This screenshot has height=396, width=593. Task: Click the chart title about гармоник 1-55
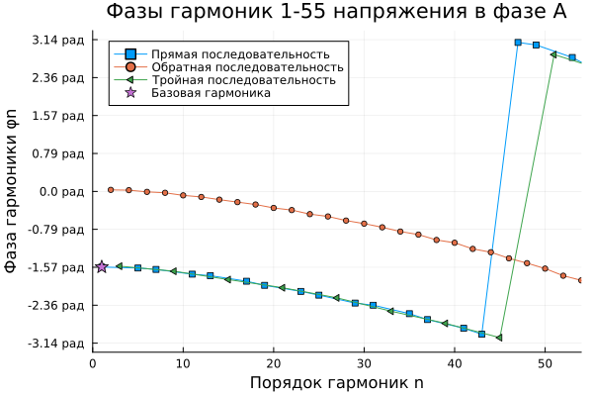click(336, 12)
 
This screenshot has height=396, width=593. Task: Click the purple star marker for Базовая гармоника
click(102, 266)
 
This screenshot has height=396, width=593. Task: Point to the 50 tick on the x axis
click(545, 363)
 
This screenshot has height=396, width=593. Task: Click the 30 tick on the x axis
click(364, 363)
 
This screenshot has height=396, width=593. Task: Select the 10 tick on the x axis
click(183, 363)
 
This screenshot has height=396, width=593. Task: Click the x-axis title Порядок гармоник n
click(336, 383)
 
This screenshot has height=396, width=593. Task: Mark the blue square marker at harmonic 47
click(518, 43)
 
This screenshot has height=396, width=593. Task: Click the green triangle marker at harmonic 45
click(499, 338)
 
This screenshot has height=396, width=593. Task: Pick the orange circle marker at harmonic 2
click(111, 189)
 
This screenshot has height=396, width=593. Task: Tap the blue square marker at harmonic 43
click(481, 334)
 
